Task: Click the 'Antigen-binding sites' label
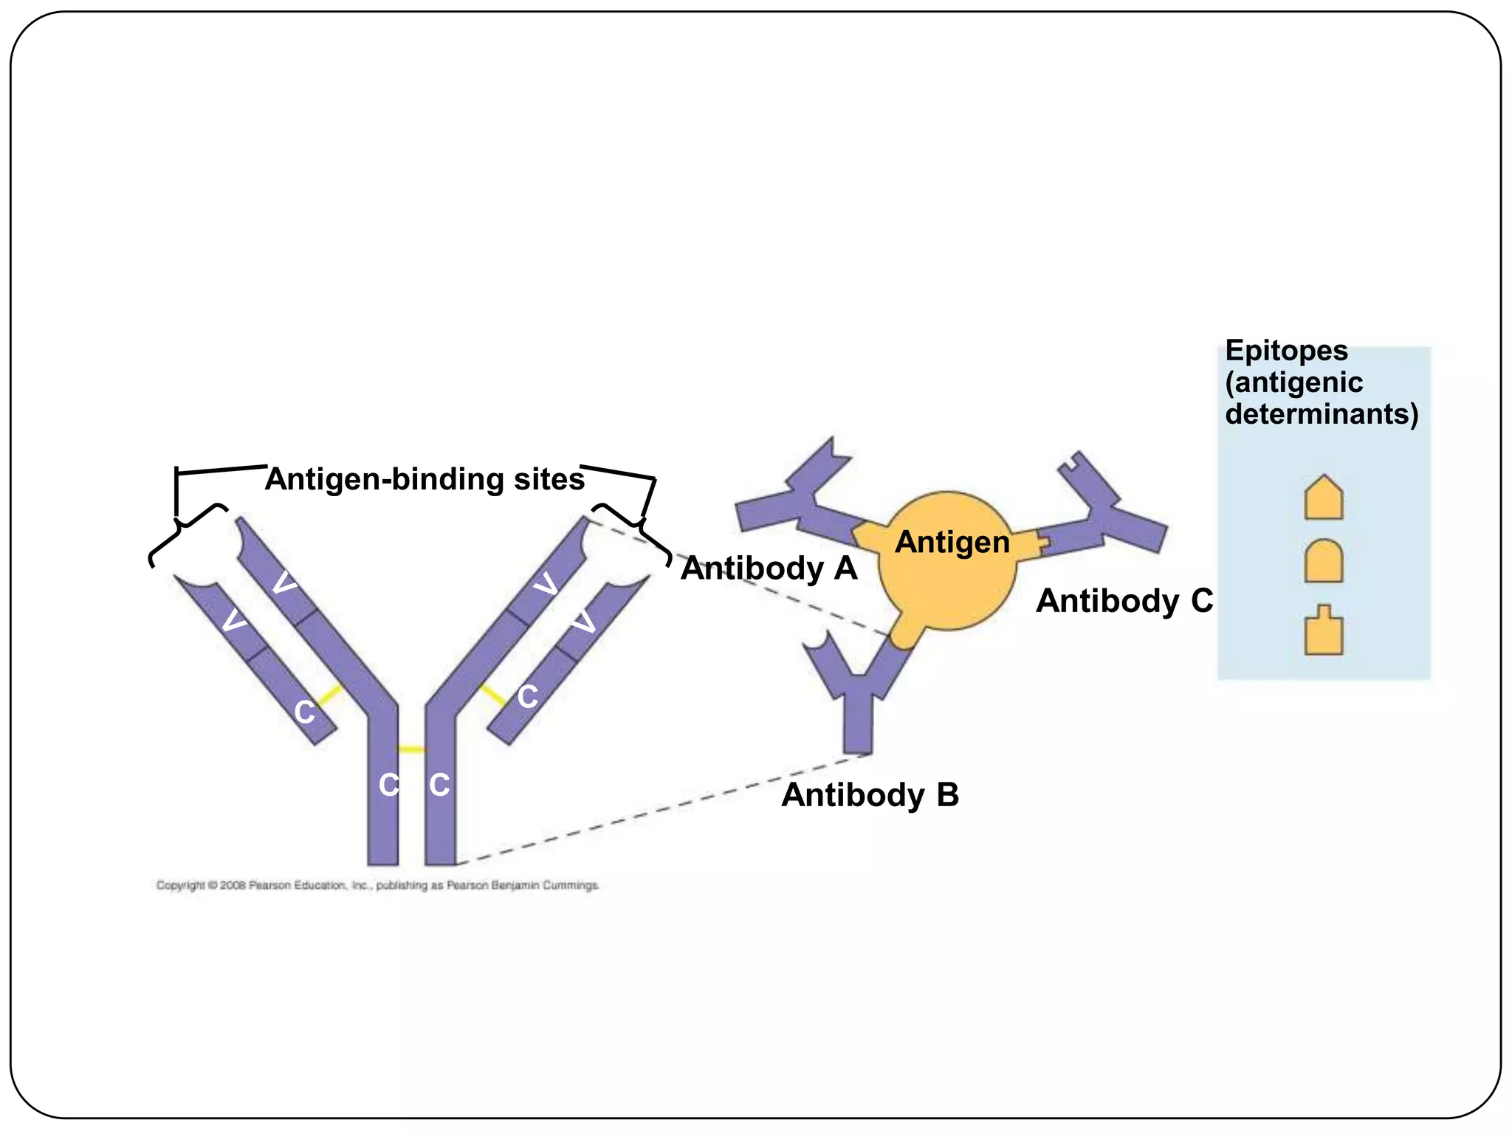tap(425, 479)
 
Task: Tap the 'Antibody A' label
tap(769, 568)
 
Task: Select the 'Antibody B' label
tap(870, 795)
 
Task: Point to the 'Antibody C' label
tap(1124, 601)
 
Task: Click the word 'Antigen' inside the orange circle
tap(952, 543)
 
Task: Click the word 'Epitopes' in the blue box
tap(1286, 351)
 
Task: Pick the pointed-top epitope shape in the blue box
tap(1323, 498)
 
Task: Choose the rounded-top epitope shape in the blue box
tap(1323, 562)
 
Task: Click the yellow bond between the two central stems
tap(411, 749)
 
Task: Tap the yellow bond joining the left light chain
tap(330, 695)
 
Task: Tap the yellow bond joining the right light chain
tap(492, 695)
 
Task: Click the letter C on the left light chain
tap(304, 712)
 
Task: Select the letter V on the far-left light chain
tap(234, 620)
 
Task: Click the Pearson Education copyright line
tap(377, 885)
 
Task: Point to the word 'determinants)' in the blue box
tap(1322, 414)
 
